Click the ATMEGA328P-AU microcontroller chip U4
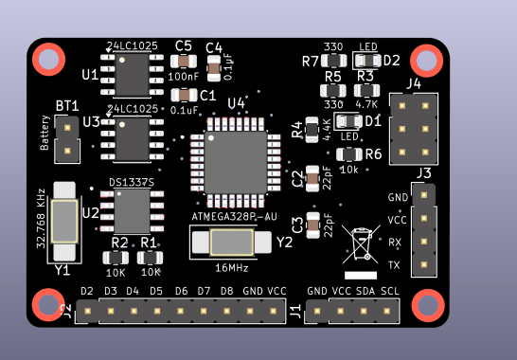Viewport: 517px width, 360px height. (235, 162)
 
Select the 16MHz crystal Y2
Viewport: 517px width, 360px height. (231, 243)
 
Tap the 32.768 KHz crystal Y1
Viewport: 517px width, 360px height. (64, 221)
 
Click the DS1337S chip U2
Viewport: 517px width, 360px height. (133, 210)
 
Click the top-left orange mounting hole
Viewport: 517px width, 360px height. (47, 60)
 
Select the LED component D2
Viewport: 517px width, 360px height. (365, 61)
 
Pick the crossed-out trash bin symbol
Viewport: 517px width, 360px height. (362, 243)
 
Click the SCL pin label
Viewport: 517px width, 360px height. (390, 291)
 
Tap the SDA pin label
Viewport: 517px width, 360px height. (365, 291)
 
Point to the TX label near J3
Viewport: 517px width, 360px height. (395, 264)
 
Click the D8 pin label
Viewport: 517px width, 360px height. (226, 291)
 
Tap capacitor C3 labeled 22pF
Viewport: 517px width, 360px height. (313, 225)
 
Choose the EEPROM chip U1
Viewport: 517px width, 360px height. (133, 74)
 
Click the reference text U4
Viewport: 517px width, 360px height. (236, 102)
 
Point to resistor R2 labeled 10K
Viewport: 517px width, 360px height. (118, 257)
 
